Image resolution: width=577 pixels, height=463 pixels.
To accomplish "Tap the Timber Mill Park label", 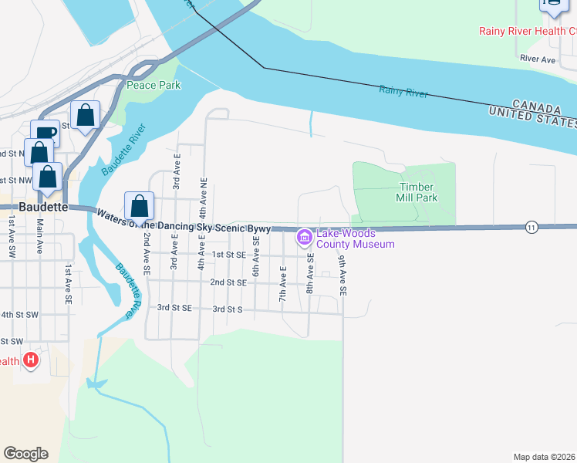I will pyautogui.click(x=418, y=192).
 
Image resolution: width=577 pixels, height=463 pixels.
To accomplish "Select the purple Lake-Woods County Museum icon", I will pyautogui.click(x=305, y=235).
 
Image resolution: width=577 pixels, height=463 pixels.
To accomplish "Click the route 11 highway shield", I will pyautogui.click(x=531, y=227).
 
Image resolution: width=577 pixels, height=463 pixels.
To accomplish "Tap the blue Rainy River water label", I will pyautogui.click(x=403, y=92).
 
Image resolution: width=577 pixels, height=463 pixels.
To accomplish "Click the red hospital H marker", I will pyautogui.click(x=30, y=360).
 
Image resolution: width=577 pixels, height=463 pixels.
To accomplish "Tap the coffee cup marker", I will pyautogui.click(x=45, y=133).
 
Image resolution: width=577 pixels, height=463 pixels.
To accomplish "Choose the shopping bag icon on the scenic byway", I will pyautogui.click(x=139, y=206).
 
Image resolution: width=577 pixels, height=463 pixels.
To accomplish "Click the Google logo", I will pyautogui.click(x=26, y=453).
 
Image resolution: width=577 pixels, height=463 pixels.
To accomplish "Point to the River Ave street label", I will pyautogui.click(x=538, y=59).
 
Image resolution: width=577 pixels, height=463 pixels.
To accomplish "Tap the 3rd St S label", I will pyautogui.click(x=228, y=309).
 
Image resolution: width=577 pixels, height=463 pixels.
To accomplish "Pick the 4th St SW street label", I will pyautogui.click(x=19, y=315).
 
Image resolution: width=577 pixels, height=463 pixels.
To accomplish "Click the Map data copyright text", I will pyautogui.click(x=545, y=457).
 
